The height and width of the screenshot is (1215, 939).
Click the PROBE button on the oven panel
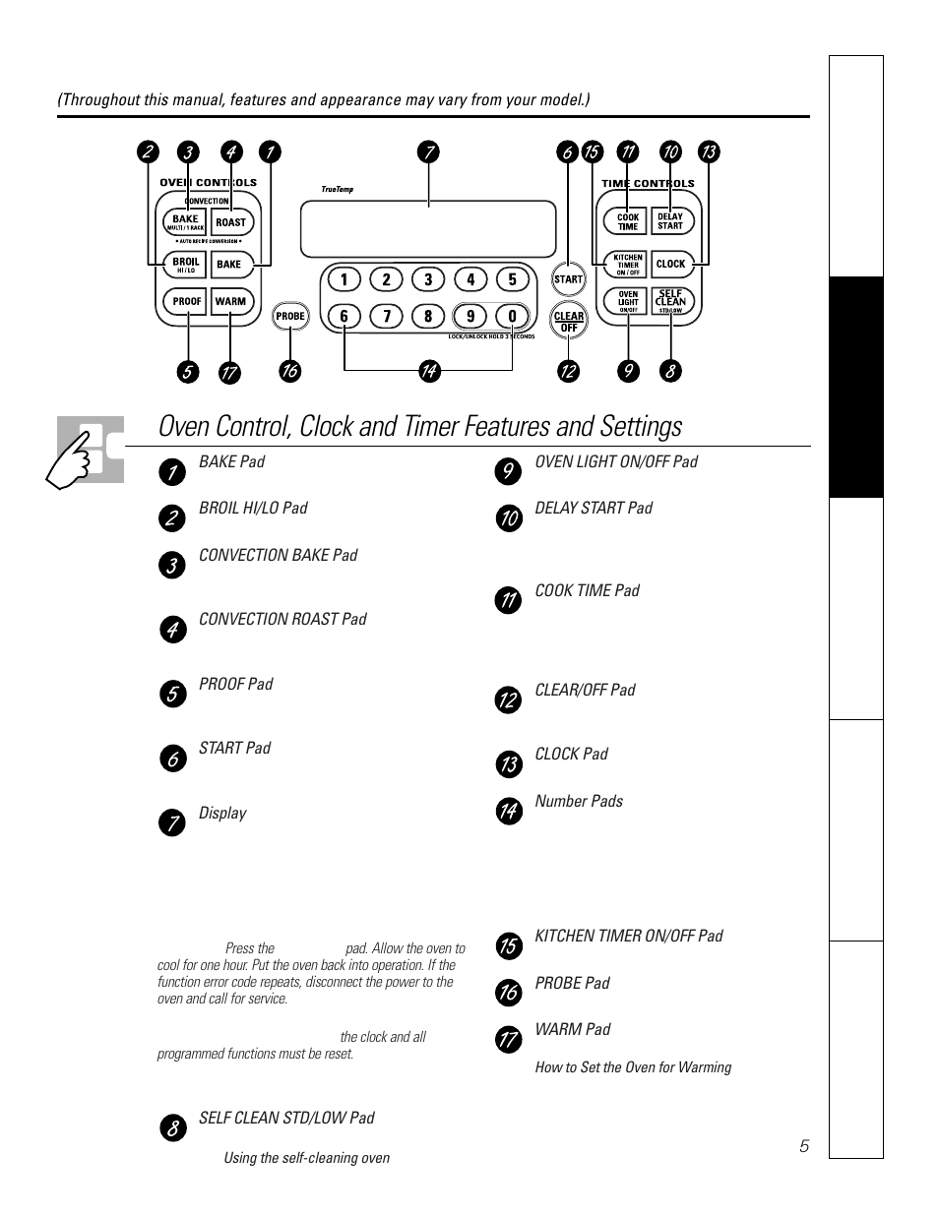click(290, 316)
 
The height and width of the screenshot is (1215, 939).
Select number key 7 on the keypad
click(386, 316)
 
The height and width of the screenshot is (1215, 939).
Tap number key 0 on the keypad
click(512, 316)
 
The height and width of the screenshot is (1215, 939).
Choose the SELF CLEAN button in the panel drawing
click(670, 301)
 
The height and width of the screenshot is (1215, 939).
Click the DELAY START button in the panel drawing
click(670, 221)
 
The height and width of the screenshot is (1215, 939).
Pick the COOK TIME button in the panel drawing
click(628, 221)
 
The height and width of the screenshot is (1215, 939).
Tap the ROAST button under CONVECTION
click(230, 222)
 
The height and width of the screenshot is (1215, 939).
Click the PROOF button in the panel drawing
click(187, 301)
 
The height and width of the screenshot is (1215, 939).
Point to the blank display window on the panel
click(428, 228)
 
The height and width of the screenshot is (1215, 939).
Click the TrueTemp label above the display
click(337, 190)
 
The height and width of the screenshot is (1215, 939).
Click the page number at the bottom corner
click(804, 1146)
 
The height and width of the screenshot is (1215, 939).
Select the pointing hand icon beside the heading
click(87, 451)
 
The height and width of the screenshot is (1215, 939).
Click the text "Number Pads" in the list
click(579, 801)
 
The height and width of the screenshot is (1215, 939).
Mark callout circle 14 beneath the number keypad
click(428, 371)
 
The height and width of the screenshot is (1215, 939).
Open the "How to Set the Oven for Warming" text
click(633, 1067)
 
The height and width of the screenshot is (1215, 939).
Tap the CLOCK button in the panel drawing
click(670, 264)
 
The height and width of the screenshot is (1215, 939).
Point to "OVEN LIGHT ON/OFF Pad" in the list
click(616, 461)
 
